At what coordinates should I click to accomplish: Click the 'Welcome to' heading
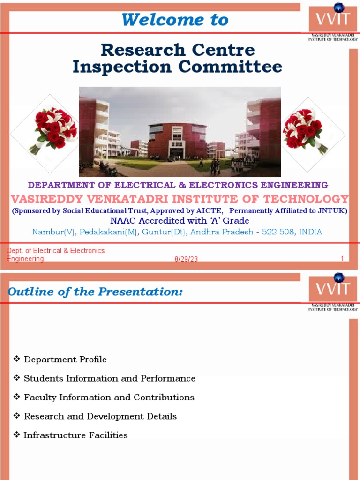(175, 20)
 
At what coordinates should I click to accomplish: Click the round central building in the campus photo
(177, 141)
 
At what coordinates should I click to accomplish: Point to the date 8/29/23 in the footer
(186, 259)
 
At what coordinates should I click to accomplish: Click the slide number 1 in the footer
(342, 259)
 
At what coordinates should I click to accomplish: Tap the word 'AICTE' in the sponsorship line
(212, 211)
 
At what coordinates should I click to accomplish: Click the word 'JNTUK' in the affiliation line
(332, 211)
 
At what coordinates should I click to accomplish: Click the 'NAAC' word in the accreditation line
(123, 221)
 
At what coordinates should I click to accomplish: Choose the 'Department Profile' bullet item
(65, 360)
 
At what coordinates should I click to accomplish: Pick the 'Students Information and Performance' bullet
(109, 378)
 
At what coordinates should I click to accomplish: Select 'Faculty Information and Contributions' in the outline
(109, 397)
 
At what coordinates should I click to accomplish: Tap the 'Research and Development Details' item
(100, 416)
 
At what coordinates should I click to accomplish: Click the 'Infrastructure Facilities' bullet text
(75, 435)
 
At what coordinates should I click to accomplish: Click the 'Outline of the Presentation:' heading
(95, 292)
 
